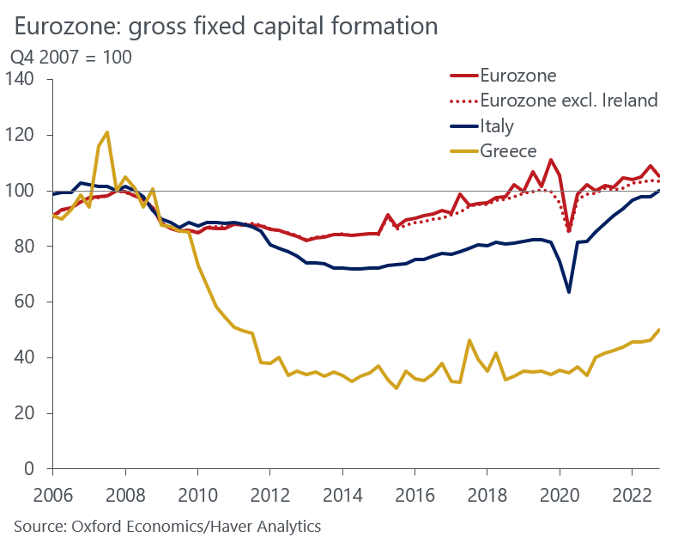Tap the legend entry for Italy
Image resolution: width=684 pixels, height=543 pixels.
coord(497,126)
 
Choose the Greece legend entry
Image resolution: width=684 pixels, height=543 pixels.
coord(509,151)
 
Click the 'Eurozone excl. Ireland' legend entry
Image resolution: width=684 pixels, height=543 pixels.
coord(569,101)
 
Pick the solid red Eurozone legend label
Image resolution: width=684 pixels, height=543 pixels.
coord(519,76)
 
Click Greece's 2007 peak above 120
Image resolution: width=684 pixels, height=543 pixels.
coord(106,132)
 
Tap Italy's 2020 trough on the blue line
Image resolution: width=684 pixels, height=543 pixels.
coord(568,292)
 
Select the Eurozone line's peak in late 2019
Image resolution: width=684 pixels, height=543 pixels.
coord(550,160)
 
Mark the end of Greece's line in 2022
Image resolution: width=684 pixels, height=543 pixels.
coord(658,330)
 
